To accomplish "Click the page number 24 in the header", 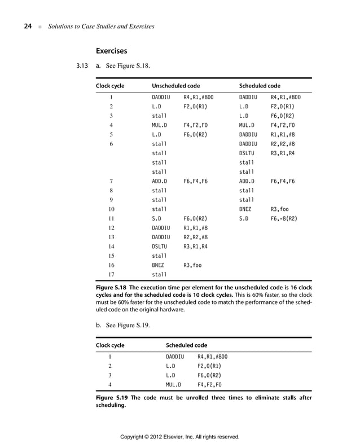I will [27, 27].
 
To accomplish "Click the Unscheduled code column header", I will [176, 86].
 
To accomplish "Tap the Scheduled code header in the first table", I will [260, 86].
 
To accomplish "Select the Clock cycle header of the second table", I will [110, 345].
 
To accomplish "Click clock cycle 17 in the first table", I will [111, 275].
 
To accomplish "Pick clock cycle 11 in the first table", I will [111, 218].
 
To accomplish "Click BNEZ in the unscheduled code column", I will [159, 265].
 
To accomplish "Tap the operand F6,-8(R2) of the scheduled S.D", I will [284, 218].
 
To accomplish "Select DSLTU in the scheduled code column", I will [248, 153].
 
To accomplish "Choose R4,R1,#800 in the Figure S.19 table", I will [212, 357].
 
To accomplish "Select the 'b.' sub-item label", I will [99, 325].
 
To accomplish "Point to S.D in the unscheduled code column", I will [157, 218].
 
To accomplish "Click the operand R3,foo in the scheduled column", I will [280, 208].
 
